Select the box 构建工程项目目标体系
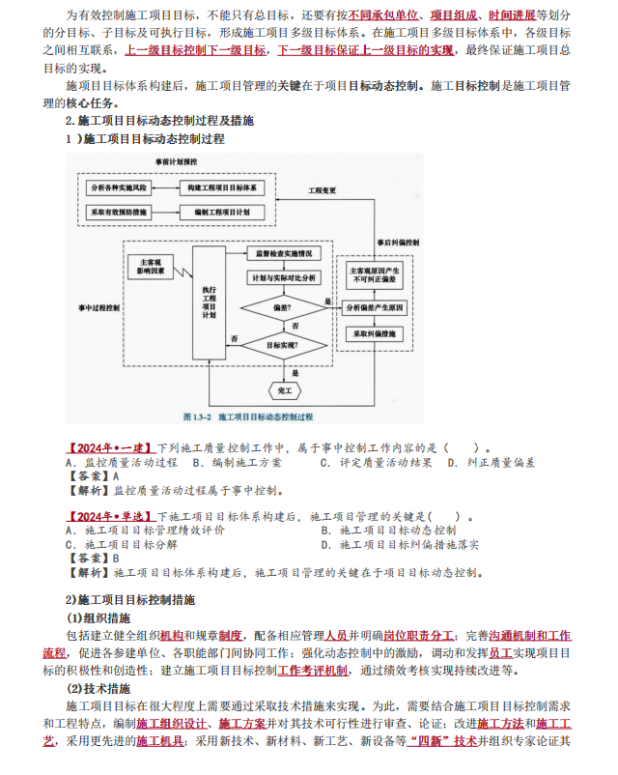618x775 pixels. click(221, 186)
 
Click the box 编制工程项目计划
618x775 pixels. click(221, 211)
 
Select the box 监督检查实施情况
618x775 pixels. click(283, 254)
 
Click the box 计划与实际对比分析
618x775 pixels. click(283, 278)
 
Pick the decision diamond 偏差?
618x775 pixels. click(283, 308)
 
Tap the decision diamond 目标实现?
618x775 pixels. click(283, 343)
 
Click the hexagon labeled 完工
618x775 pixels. click(284, 390)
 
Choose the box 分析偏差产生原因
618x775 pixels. click(376, 307)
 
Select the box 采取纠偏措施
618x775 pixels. click(376, 334)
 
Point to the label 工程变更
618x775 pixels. click(323, 190)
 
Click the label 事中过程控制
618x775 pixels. click(99, 309)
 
